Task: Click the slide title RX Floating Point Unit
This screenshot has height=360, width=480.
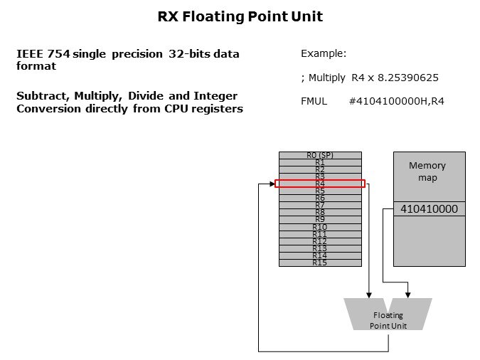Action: pyautogui.click(x=240, y=15)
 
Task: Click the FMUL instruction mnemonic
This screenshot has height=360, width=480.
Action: pyautogui.click(x=314, y=101)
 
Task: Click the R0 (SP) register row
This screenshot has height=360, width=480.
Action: pyautogui.click(x=320, y=155)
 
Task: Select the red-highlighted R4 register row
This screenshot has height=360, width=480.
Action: pyautogui.click(x=320, y=184)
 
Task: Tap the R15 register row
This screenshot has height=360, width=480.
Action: pyautogui.click(x=320, y=263)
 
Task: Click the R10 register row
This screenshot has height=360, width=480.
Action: pyautogui.click(x=320, y=227)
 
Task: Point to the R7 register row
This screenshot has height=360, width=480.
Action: pyautogui.click(x=320, y=206)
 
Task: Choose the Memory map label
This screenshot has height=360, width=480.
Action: pyautogui.click(x=427, y=171)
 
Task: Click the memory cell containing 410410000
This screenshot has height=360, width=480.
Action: pyautogui.click(x=430, y=209)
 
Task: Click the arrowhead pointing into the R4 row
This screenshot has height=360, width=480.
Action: pyautogui.click(x=272, y=184)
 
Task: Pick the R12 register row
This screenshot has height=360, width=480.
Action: pyautogui.click(x=320, y=241)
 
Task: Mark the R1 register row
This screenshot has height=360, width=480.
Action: pyautogui.click(x=320, y=162)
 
